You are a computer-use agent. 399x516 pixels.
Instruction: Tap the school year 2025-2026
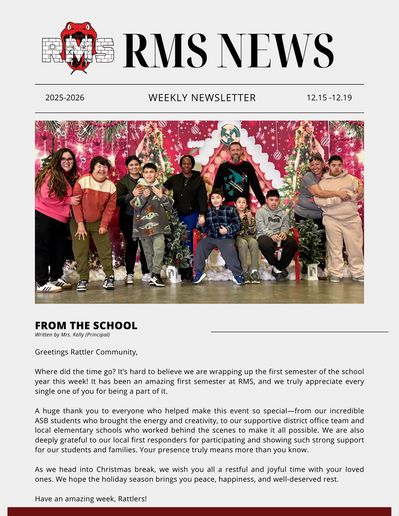65,98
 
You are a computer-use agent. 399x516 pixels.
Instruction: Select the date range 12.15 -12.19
329,98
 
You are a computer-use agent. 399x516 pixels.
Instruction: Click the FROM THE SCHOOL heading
86,326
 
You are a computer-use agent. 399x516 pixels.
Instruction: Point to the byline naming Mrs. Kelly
72,335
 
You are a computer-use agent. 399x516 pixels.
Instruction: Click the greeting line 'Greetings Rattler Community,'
86,352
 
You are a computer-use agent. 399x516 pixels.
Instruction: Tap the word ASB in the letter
43,421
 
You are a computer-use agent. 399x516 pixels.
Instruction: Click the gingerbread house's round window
230,134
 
